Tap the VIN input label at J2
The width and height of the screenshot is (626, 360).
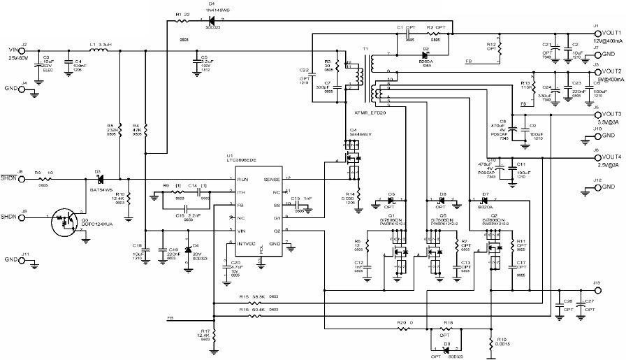pos(12,49)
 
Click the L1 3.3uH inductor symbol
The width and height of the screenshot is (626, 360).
pos(92,49)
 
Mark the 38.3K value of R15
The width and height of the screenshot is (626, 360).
pos(258,296)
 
